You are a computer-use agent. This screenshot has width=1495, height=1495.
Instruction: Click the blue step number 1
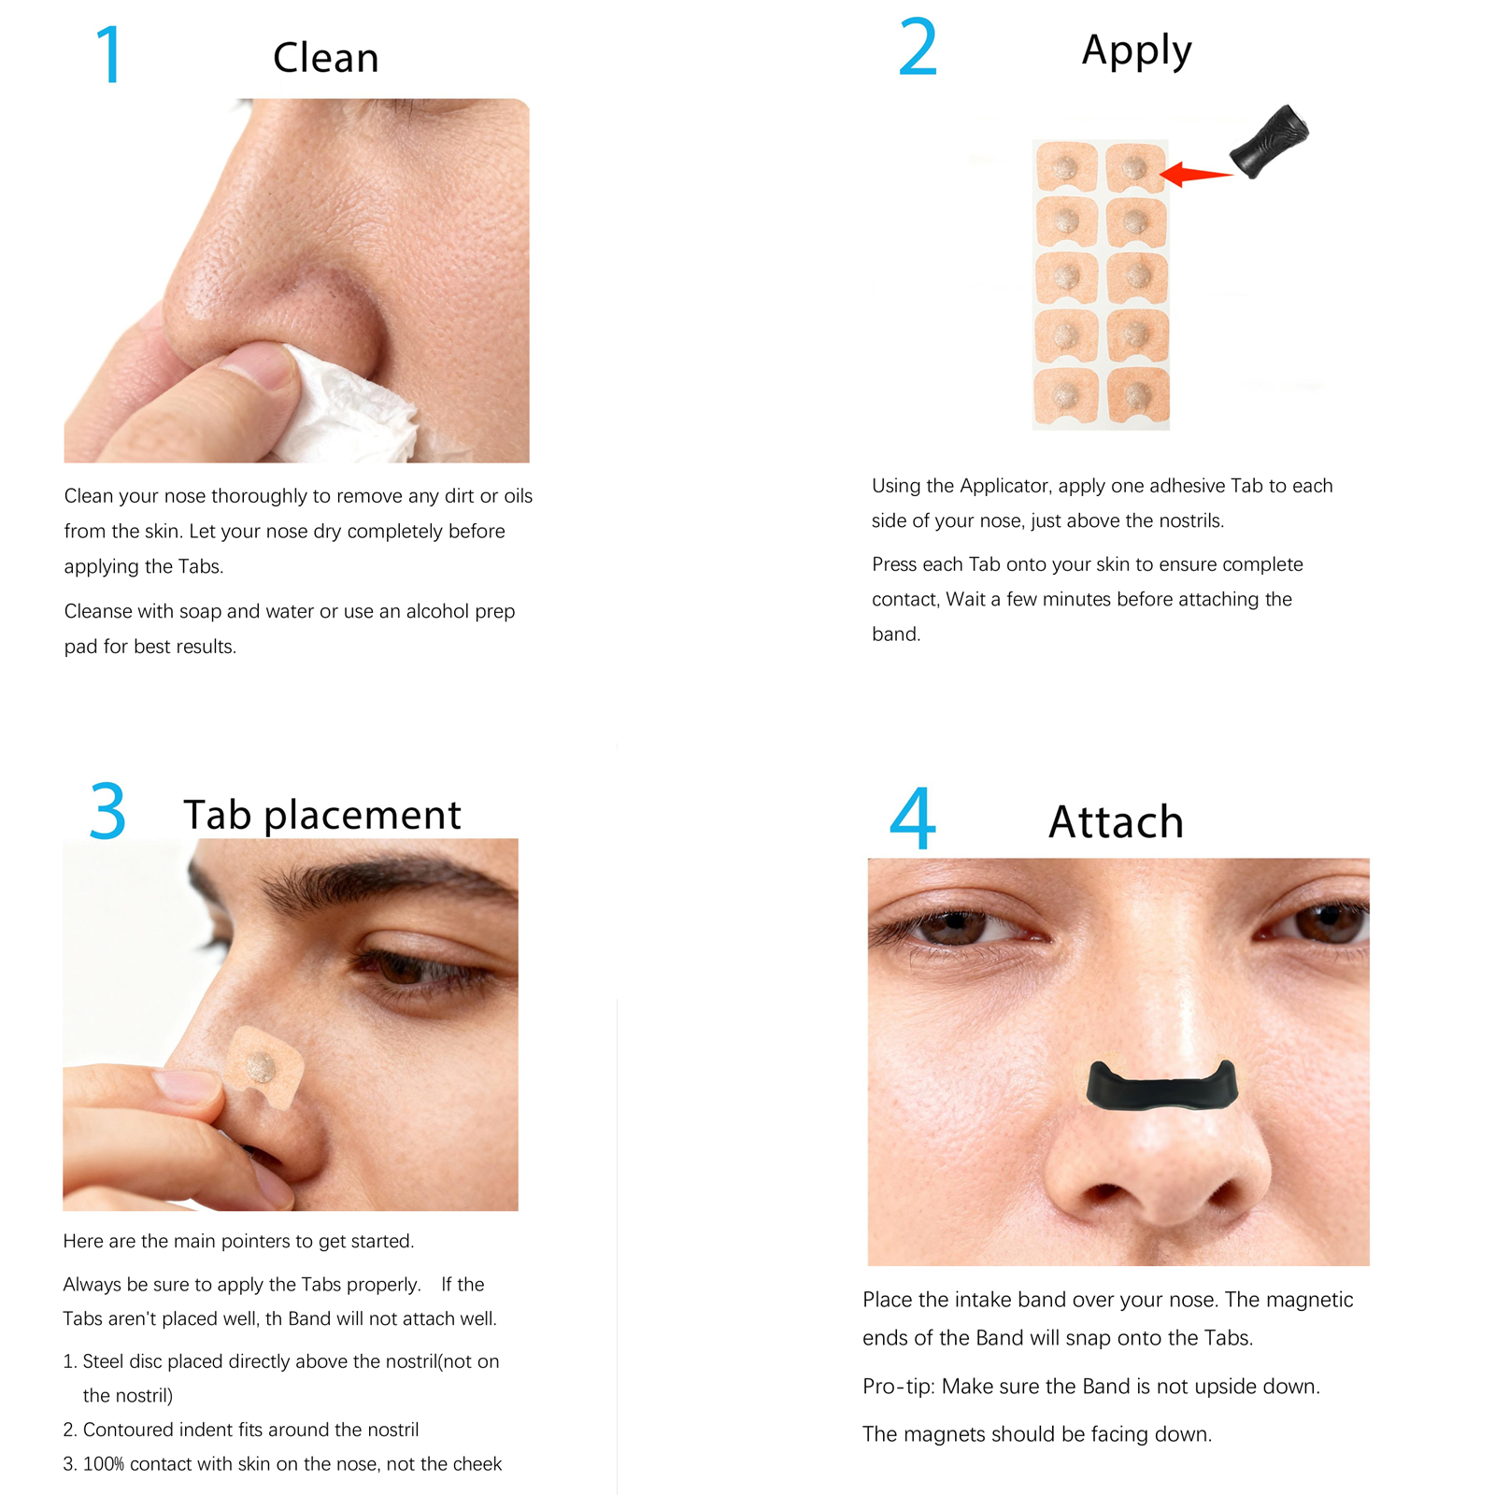pyautogui.click(x=110, y=55)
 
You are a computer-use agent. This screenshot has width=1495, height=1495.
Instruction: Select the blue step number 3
pyautogui.click(x=107, y=811)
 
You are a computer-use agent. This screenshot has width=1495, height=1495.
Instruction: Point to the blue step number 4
pyautogui.click(x=912, y=819)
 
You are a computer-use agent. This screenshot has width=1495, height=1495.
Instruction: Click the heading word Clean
pyautogui.click(x=325, y=58)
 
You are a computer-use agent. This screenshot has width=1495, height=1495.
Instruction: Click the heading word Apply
pyautogui.click(x=1136, y=50)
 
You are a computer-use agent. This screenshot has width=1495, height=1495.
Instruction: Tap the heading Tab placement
pyautogui.click(x=321, y=815)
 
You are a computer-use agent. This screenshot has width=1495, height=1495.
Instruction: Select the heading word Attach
pyautogui.click(x=1116, y=822)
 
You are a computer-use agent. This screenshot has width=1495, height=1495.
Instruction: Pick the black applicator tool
pyautogui.click(x=1269, y=141)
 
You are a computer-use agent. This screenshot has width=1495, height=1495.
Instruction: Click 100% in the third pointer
pyautogui.click(x=103, y=1464)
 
